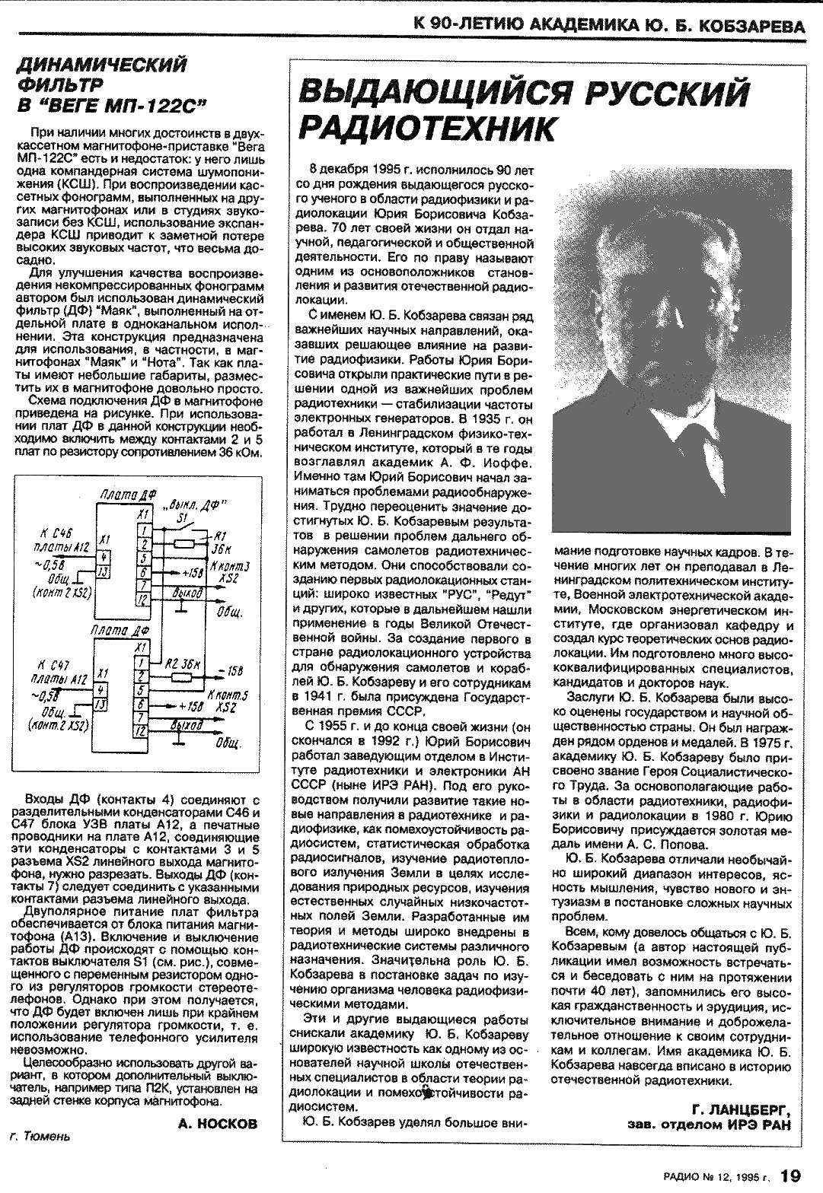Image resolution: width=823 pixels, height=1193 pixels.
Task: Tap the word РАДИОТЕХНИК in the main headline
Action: [427, 128]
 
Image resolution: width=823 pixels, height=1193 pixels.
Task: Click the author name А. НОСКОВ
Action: [217, 1124]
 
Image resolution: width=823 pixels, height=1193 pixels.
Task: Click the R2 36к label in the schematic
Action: [183, 663]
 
